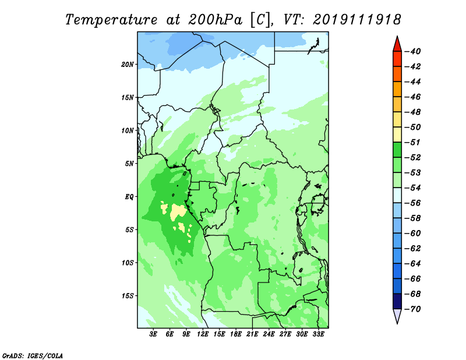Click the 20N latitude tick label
coord(128,65)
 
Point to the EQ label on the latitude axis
coord(129,197)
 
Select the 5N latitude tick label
coord(129,164)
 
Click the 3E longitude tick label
coord(153,334)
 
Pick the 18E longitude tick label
coord(236,334)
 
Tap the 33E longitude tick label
coord(318,334)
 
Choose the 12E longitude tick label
coord(203,334)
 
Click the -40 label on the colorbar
coord(413,51)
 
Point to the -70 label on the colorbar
coord(413,309)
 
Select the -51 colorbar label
coord(413,142)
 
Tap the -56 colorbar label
coord(413,203)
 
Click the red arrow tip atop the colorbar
coord(397,37)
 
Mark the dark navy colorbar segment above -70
coord(397,301)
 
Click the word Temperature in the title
coord(111,20)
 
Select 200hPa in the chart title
coord(215,20)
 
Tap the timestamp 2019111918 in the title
coord(357,20)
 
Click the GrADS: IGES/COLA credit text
coord(33,355)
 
